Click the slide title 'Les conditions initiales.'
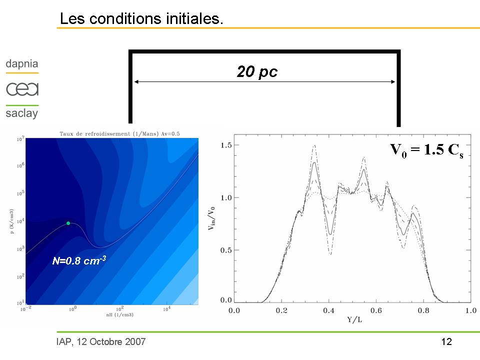tap(141, 19)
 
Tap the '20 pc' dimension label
tap(257, 72)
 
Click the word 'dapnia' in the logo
tap(22, 64)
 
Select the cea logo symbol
tap(22, 89)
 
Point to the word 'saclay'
tap(22, 113)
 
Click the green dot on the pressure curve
tap(68, 223)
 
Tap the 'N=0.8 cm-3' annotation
tap(79, 260)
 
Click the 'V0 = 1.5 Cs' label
tap(426, 150)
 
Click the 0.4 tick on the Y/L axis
tap(328, 311)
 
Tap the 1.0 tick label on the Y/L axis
tap(470, 311)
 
